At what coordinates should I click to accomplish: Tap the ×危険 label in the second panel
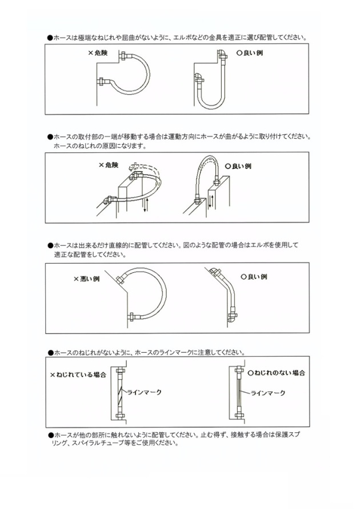107,165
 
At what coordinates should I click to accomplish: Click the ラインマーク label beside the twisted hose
144,392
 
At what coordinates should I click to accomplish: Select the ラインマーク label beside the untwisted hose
267,393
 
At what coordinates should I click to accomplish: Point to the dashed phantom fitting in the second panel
135,168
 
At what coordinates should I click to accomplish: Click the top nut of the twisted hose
121,371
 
